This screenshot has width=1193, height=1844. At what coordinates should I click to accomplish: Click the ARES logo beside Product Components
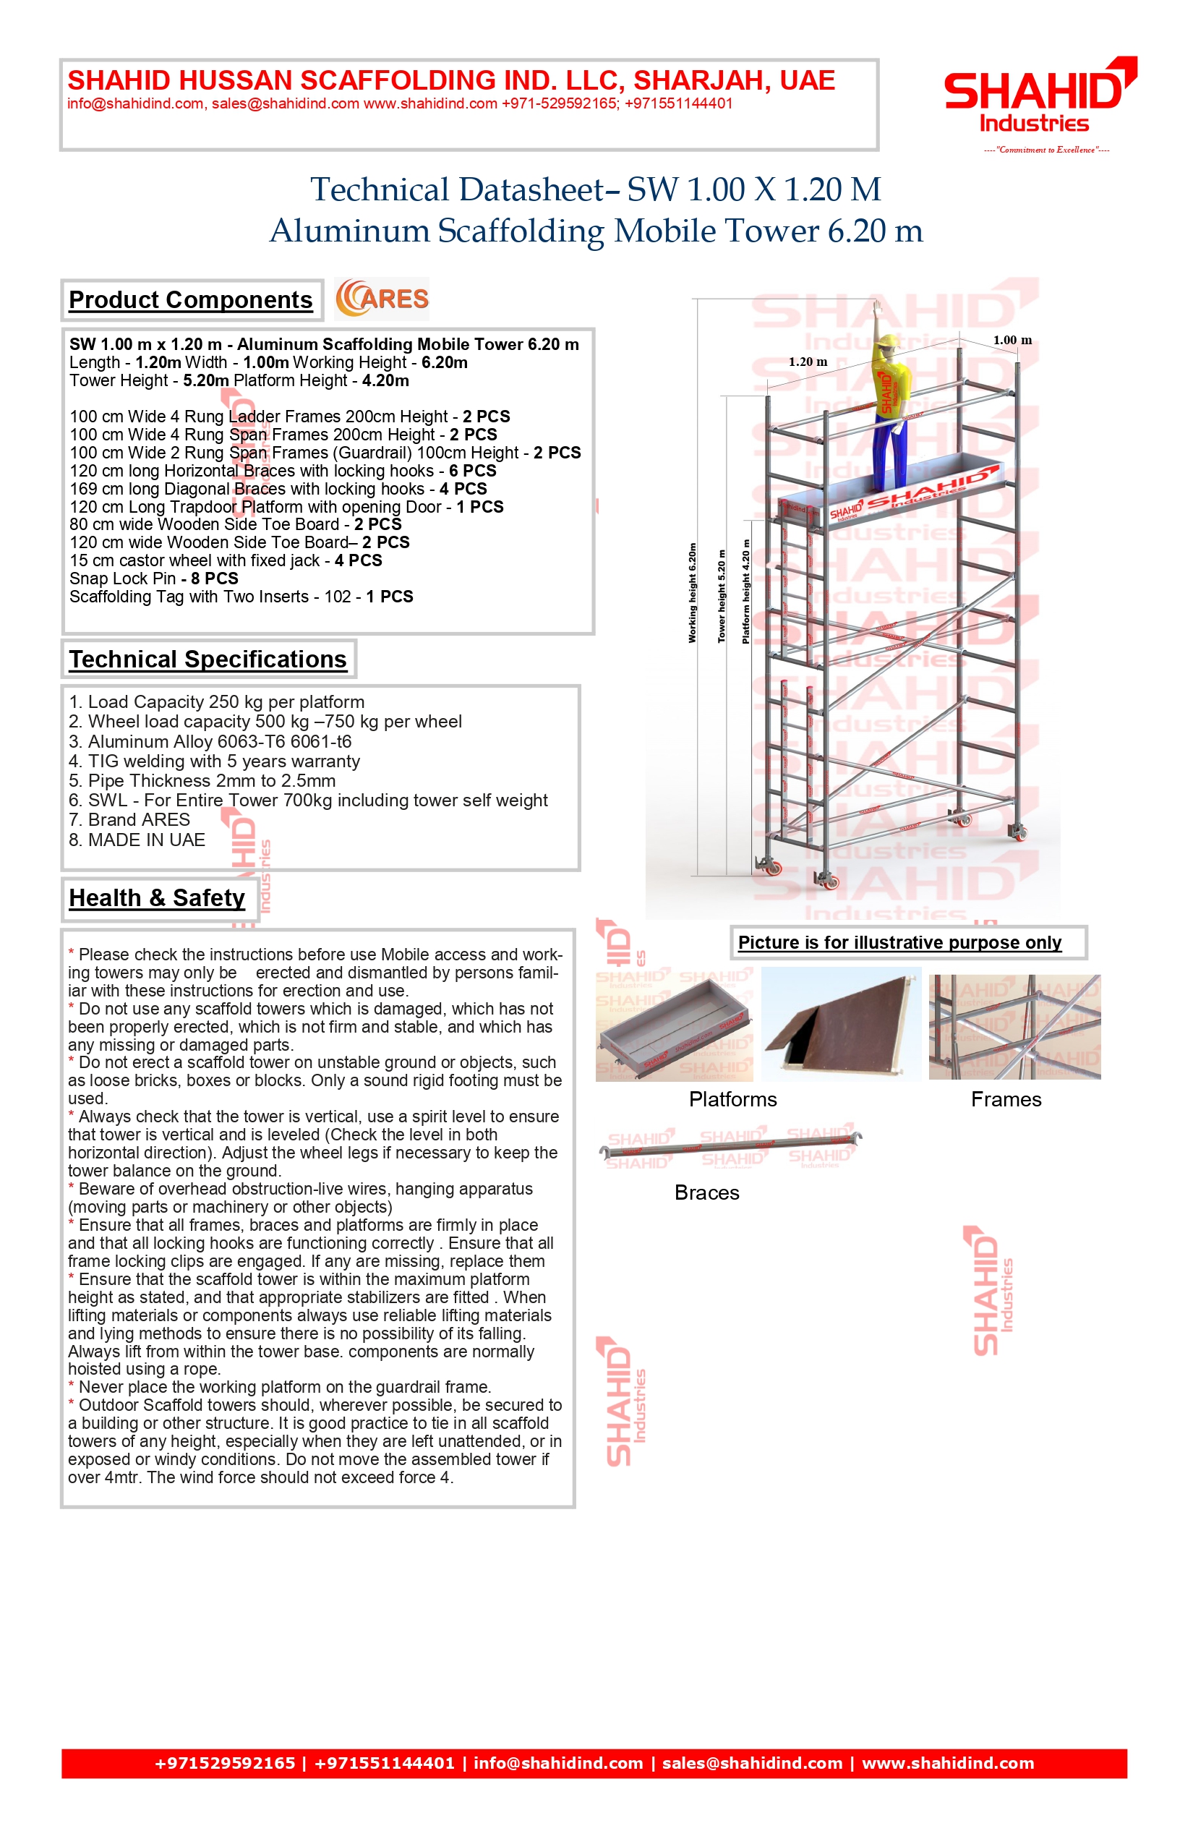pyautogui.click(x=382, y=299)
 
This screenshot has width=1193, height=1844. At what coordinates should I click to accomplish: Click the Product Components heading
pyautogui.click(x=191, y=300)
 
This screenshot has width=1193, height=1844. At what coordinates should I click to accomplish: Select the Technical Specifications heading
pyautogui.click(x=208, y=660)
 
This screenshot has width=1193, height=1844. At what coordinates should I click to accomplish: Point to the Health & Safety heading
pyautogui.click(x=158, y=898)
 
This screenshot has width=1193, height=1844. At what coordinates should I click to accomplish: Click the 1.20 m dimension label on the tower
pyautogui.click(x=808, y=362)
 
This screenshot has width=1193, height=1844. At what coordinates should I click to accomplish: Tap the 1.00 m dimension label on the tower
pyautogui.click(x=1012, y=340)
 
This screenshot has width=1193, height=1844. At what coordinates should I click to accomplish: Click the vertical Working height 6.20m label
pyautogui.click(x=693, y=593)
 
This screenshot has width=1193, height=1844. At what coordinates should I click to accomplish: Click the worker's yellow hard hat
pyautogui.click(x=891, y=343)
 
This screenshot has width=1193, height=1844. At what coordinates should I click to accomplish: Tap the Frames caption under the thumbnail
pyautogui.click(x=1006, y=1099)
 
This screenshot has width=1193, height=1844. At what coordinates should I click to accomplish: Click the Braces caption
pyautogui.click(x=706, y=1193)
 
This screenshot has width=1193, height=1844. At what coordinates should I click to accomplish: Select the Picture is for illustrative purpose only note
pyautogui.click(x=899, y=943)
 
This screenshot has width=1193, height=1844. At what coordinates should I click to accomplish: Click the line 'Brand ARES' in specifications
pyautogui.click(x=129, y=820)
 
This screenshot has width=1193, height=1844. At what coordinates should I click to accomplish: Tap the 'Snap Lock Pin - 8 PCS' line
pyautogui.click(x=153, y=579)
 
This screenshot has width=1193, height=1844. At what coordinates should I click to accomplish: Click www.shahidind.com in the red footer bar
pyautogui.click(x=948, y=1763)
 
